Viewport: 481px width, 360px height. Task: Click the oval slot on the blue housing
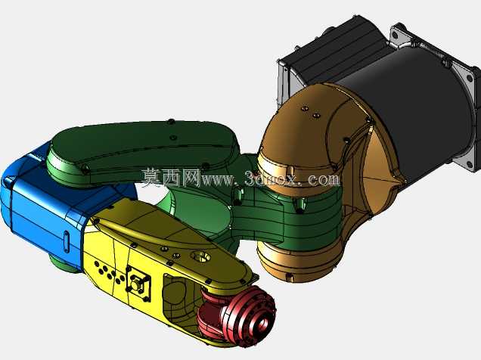(x=67, y=240)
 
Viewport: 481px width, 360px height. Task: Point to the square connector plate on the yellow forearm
(x=138, y=284)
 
